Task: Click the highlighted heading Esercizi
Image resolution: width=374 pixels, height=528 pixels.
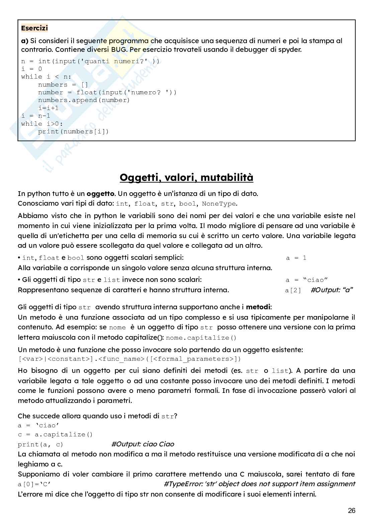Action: (x=34, y=28)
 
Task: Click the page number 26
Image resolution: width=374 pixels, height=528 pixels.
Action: (x=352, y=511)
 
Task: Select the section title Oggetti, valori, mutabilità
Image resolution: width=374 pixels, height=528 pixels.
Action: (x=186, y=177)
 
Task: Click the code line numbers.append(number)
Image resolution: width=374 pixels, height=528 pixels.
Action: (x=84, y=100)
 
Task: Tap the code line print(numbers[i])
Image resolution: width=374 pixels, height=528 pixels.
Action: (x=73, y=131)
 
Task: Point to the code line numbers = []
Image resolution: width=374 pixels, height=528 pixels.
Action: (x=63, y=85)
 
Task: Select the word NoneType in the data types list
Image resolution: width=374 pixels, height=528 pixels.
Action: (x=219, y=204)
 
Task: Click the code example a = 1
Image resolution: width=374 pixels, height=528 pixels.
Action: (x=296, y=258)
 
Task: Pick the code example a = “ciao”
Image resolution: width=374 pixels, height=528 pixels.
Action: (x=306, y=280)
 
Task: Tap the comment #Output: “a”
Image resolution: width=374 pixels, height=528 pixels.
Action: (x=332, y=290)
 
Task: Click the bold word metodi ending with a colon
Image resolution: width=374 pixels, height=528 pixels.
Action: (x=259, y=307)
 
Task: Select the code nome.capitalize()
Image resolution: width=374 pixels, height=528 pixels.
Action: (x=201, y=338)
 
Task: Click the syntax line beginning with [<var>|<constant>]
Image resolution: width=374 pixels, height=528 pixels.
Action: (x=129, y=359)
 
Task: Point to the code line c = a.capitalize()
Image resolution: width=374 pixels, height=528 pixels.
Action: (x=55, y=434)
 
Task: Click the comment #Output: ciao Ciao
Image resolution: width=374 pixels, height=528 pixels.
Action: (x=143, y=444)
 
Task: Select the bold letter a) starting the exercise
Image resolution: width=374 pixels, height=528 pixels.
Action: (x=25, y=41)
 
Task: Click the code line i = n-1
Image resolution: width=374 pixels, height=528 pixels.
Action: (x=35, y=116)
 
